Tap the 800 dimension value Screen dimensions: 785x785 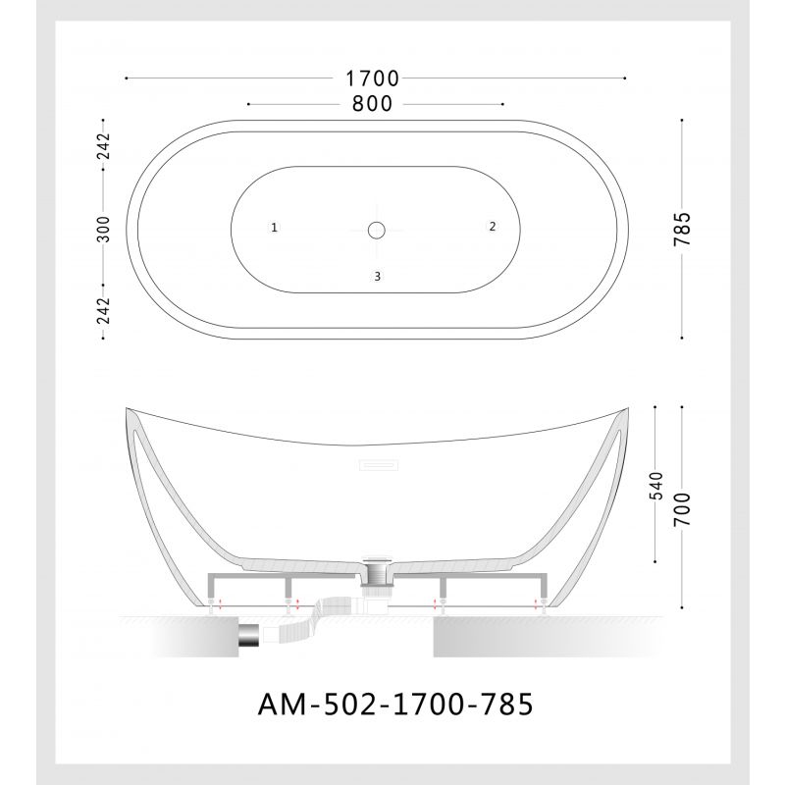(374, 103)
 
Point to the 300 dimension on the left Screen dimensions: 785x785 (103, 229)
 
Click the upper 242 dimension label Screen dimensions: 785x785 (103, 147)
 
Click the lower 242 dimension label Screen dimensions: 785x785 (103, 309)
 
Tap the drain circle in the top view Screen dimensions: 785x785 (377, 230)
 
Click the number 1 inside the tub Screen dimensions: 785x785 (275, 228)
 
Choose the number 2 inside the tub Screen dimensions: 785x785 (493, 226)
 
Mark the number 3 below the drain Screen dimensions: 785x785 (377, 277)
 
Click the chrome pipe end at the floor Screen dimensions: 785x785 (248, 636)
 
